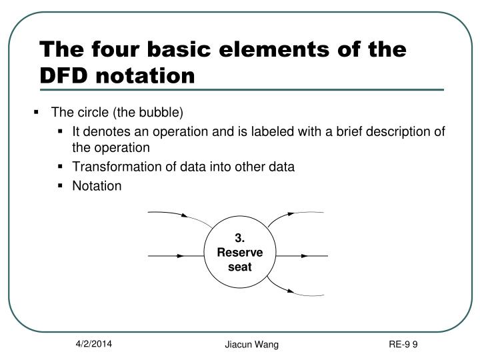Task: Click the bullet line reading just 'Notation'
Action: (x=97, y=186)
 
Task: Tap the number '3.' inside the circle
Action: (x=241, y=239)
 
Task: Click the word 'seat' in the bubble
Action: (x=241, y=268)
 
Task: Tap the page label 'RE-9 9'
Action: (x=403, y=345)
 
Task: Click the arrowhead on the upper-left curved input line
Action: (x=185, y=216)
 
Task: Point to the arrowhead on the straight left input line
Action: (x=181, y=255)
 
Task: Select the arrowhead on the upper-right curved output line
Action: (x=291, y=215)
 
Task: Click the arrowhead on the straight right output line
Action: (x=303, y=255)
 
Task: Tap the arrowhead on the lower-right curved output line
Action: (x=291, y=291)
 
